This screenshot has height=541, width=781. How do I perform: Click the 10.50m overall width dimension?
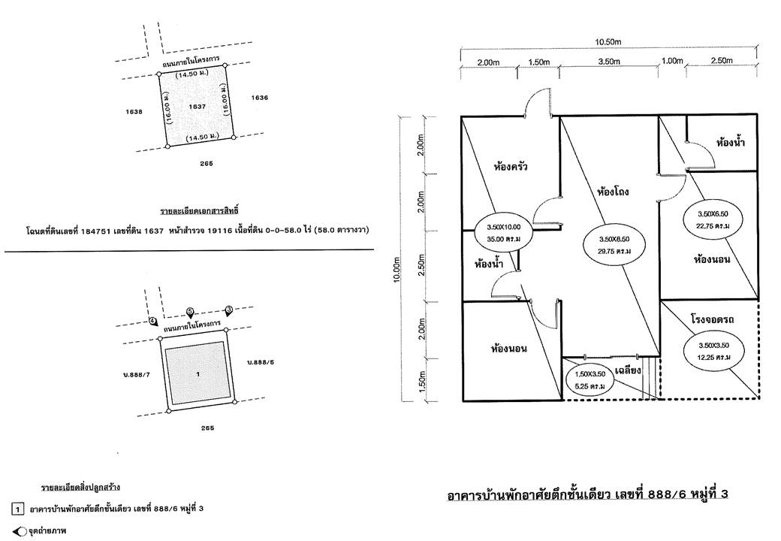(x=608, y=42)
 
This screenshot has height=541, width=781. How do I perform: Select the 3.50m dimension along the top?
(x=609, y=62)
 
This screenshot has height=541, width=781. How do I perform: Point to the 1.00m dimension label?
(x=672, y=61)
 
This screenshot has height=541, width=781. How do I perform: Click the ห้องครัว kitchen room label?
(x=511, y=165)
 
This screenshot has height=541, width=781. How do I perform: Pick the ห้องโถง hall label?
(x=613, y=191)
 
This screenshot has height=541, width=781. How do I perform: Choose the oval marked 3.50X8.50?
(x=614, y=245)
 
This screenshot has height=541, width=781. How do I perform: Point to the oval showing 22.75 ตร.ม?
(x=713, y=219)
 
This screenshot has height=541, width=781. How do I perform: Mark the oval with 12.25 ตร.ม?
(x=713, y=351)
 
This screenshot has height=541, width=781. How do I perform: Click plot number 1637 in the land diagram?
(x=198, y=106)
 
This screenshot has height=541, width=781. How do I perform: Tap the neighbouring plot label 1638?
(x=134, y=112)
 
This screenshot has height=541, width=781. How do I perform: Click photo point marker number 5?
(x=190, y=313)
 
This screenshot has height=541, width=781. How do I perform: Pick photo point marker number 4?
(x=153, y=321)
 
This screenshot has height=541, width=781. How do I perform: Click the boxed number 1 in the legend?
(x=17, y=509)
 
